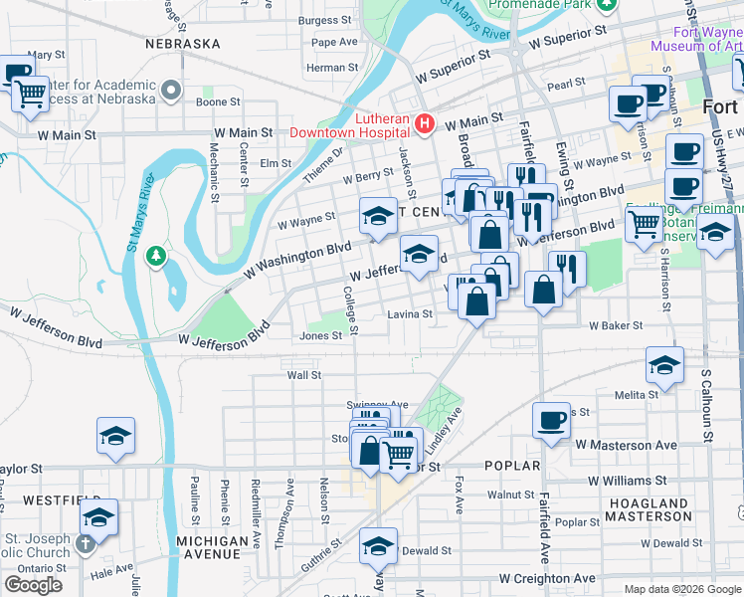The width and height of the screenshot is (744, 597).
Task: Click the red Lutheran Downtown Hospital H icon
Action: (x=425, y=123)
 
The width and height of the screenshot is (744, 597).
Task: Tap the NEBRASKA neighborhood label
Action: (x=182, y=45)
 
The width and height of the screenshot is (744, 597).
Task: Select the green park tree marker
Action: (x=155, y=257)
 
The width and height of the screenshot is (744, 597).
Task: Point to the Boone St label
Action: (x=218, y=101)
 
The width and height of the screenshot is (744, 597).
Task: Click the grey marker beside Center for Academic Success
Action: (x=171, y=91)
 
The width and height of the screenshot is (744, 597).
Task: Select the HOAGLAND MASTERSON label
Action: (x=647, y=510)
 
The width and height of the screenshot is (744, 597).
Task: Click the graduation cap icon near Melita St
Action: (x=664, y=364)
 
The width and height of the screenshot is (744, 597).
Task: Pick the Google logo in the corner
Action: (x=33, y=585)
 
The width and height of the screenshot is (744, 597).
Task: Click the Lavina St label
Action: (x=410, y=314)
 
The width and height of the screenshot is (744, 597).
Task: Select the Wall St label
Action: (x=303, y=375)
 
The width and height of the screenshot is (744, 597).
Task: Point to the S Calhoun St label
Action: (x=707, y=398)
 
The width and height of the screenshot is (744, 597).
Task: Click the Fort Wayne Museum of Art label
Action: (x=695, y=38)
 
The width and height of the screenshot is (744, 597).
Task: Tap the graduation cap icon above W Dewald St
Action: (x=378, y=545)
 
